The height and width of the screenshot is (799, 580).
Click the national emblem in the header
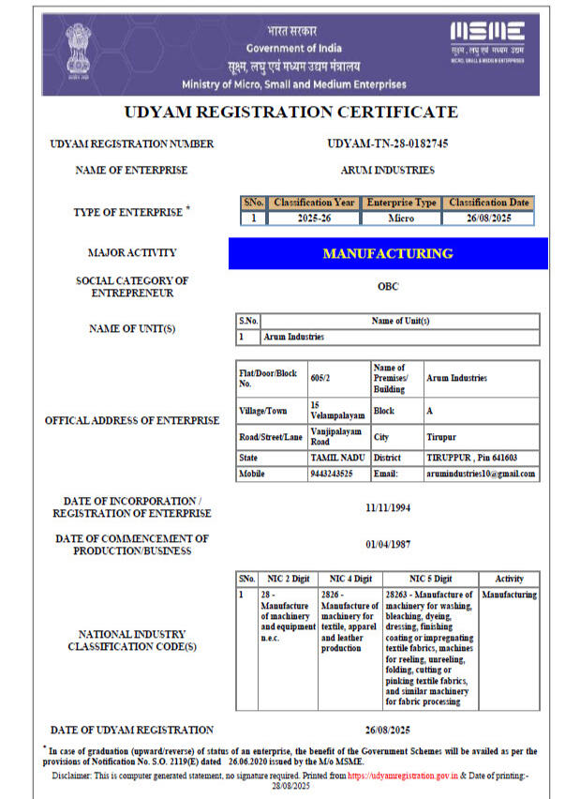pos(78,53)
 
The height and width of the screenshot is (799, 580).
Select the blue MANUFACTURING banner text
pos(388,253)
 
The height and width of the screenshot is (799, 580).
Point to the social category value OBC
pos(388,287)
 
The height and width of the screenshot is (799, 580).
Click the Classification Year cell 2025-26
pos(313,219)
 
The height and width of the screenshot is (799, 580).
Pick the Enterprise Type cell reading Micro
pos(401,219)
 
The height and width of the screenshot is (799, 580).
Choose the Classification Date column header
pos(488,203)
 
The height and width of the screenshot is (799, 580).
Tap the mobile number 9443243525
pos(332,474)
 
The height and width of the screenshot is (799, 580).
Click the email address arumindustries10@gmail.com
pos(482,474)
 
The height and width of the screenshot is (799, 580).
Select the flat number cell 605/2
pos(321,378)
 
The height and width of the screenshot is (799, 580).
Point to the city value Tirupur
pos(441,437)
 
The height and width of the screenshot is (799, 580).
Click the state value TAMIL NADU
pos(335,457)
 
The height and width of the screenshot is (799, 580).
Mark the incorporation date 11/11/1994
pos(388,507)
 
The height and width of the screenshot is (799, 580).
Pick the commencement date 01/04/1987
pos(388,544)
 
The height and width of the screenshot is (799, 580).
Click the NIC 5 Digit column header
pos(430,579)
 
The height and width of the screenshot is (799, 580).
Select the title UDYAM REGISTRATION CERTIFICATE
pos(290,113)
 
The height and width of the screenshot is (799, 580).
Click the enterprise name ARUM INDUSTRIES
pos(388,170)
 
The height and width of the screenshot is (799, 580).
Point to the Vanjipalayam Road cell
pos(335,437)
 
